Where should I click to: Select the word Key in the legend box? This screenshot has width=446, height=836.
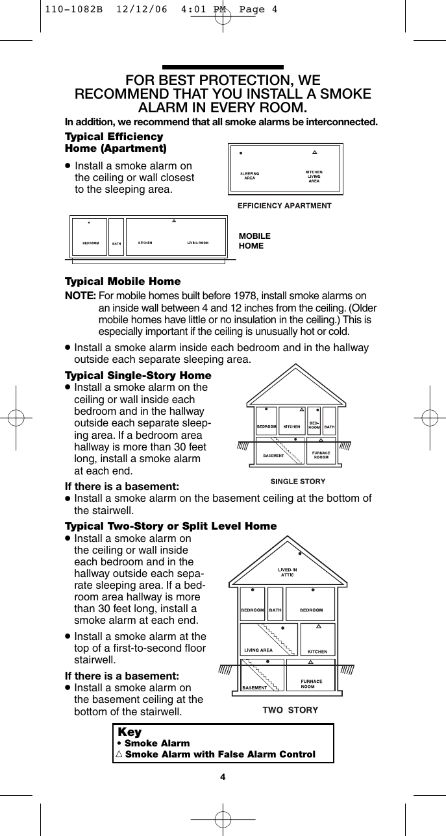tap(130, 732)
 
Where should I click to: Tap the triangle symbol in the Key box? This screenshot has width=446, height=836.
tap(118, 754)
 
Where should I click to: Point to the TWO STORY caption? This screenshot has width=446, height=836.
tap(290, 709)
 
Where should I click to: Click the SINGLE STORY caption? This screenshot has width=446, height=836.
tap(297, 482)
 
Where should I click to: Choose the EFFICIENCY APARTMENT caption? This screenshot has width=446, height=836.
tap(284, 205)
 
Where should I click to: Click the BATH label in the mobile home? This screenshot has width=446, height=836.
tap(116, 244)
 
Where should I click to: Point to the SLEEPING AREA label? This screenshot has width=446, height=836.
tap(250, 175)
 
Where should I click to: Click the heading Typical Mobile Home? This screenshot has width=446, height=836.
tap(123, 282)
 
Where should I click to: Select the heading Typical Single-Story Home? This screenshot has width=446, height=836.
tap(138, 376)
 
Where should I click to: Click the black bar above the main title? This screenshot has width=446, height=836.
tap(222, 67)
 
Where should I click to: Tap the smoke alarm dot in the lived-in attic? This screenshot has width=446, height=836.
tap(300, 554)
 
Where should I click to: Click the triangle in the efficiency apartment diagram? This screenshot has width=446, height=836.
tap(314, 153)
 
